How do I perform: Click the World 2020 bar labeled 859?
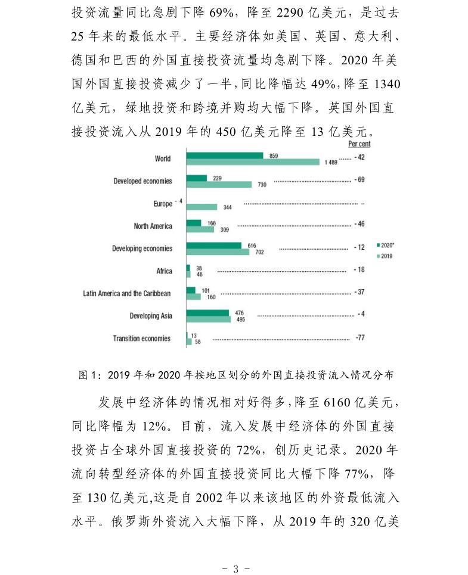coord(224,156)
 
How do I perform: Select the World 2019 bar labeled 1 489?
coord(253,162)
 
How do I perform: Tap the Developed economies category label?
coord(142,181)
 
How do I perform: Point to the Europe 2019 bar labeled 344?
coord(202,207)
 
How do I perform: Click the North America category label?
coord(153,226)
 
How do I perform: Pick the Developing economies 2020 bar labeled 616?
coord(213,245)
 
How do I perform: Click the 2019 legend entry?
coord(386,256)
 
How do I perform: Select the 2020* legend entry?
coord(386,245)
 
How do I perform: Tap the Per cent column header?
coord(359,144)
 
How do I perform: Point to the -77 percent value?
coord(359,337)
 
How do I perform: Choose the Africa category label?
coord(164,271)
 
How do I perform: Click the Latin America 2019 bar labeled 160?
coord(193,296)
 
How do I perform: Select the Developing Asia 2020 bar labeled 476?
coord(207,312)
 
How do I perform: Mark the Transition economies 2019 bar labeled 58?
coord(189,341)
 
